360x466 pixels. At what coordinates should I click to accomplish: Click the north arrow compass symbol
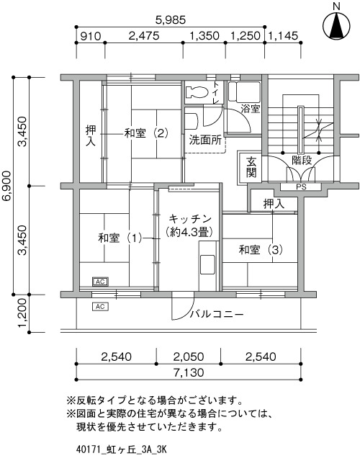(x=336, y=26)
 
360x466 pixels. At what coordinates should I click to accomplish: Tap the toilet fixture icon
(x=197, y=92)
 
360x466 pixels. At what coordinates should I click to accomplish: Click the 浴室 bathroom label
(x=250, y=109)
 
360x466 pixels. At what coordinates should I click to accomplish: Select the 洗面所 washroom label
(x=205, y=140)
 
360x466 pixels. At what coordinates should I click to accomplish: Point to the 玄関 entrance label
(x=251, y=168)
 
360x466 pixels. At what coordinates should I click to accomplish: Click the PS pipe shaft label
(x=301, y=187)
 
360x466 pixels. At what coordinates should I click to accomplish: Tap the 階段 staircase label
(x=302, y=161)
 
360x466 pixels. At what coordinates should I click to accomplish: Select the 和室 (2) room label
(x=146, y=133)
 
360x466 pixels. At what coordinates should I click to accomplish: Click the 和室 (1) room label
(x=120, y=238)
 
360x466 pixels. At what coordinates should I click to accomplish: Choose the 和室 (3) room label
(x=261, y=250)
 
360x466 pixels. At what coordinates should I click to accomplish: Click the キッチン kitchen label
(x=190, y=220)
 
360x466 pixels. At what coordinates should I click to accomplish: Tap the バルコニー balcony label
(x=217, y=314)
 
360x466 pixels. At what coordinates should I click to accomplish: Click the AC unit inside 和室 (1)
(x=100, y=282)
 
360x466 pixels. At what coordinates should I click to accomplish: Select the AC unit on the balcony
(x=100, y=306)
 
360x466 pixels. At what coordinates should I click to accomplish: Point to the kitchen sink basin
(x=207, y=264)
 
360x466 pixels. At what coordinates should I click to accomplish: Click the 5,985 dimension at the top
(x=171, y=20)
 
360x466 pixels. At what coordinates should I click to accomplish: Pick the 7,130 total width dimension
(x=189, y=372)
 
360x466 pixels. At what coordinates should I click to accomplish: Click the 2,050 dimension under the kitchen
(x=189, y=357)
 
